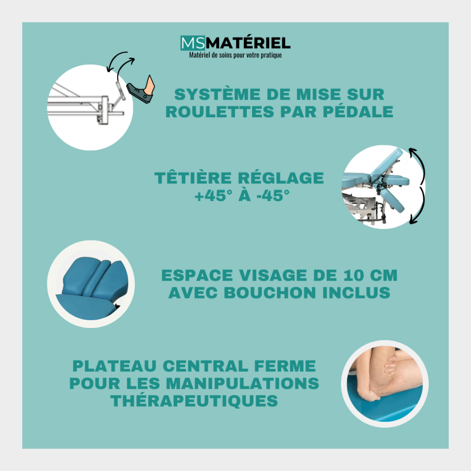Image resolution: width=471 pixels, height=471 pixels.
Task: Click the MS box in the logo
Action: point(193,43)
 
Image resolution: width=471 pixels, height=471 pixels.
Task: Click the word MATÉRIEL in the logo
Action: point(248,43)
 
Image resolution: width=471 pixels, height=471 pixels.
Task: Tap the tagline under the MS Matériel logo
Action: point(235,55)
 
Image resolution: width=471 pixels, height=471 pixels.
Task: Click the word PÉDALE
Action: point(358,112)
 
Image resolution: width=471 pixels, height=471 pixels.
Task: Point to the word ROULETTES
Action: point(220,112)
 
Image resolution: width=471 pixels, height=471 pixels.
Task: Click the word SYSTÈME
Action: point(217,94)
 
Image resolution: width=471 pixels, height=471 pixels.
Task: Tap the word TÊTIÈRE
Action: point(193,178)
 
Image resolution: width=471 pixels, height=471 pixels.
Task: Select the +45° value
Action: point(213,195)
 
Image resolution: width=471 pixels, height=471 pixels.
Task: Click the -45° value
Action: point(273,195)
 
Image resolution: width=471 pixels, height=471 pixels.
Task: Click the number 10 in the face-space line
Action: point(353,276)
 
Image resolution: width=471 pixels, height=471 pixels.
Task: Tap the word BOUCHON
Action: point(270,293)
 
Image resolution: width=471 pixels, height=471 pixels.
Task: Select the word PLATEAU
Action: point(115,366)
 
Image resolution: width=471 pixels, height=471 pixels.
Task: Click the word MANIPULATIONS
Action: point(243,384)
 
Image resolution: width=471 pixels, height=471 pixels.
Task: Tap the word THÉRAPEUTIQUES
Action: point(194,401)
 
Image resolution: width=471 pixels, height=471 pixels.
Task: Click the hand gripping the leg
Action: point(391,368)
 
